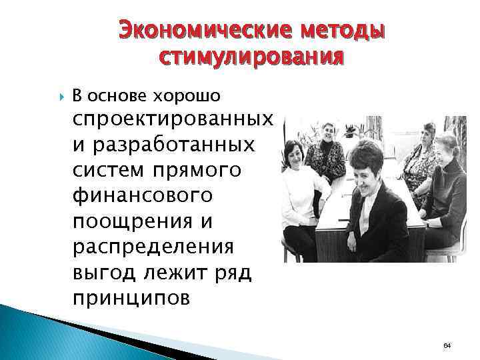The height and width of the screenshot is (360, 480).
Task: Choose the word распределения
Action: click(153, 247)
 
